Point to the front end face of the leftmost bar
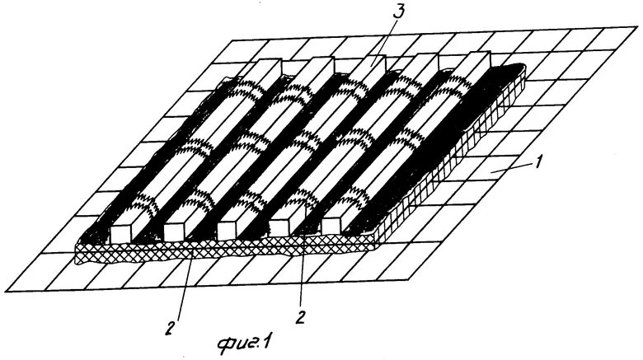point(120,233)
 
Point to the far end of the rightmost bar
point(475,58)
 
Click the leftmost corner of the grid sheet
point(2,291)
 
